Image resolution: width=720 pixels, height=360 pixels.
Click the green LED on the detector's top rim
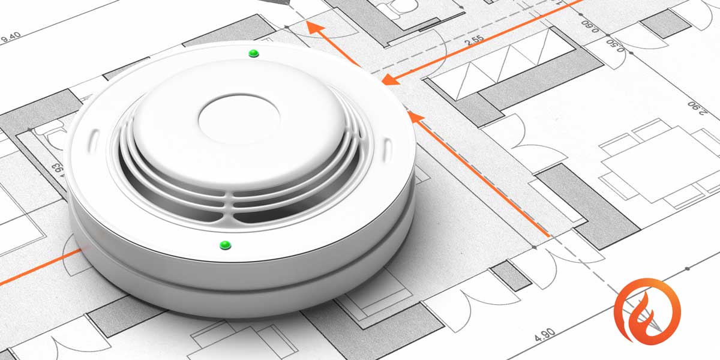pyautogui.click(x=253, y=53)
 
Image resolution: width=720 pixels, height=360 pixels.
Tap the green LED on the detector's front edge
pyautogui.click(x=225, y=244)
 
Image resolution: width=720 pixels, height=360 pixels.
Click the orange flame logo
pyautogui.click(x=647, y=311)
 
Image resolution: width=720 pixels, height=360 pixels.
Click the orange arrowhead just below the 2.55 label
pyautogui.click(x=391, y=79)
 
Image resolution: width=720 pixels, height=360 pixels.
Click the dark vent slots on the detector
pyautogui.click(x=240, y=192)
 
